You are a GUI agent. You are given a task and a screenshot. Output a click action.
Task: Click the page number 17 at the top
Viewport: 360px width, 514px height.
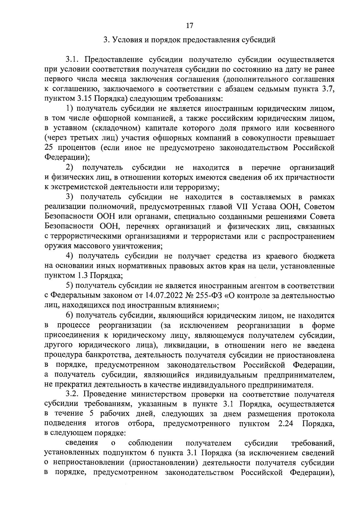tap(189, 26)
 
